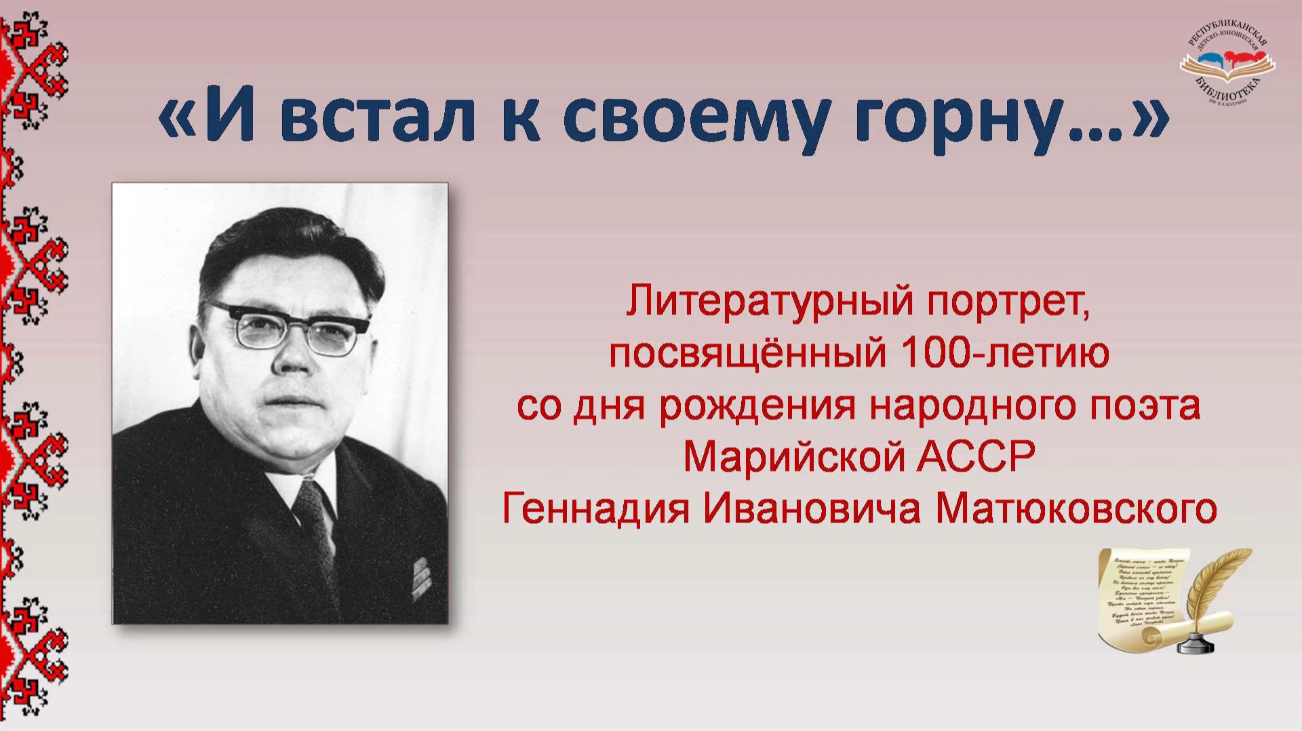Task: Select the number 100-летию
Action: (x=1004, y=353)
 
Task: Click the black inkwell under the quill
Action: (x=1197, y=641)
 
